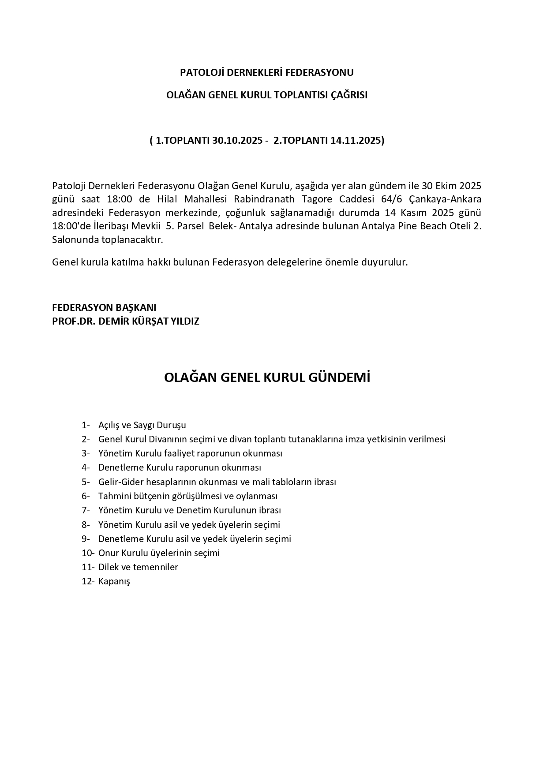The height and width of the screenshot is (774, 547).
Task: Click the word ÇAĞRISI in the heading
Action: click(x=349, y=95)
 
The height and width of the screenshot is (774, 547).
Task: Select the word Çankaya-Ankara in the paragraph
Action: click(x=446, y=199)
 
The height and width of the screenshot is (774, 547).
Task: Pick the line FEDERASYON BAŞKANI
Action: click(x=104, y=307)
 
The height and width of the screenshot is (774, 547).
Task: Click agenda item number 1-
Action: click(x=86, y=425)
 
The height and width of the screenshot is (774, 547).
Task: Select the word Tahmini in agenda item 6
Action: click(x=113, y=496)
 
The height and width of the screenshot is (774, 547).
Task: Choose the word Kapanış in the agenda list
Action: click(x=114, y=581)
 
